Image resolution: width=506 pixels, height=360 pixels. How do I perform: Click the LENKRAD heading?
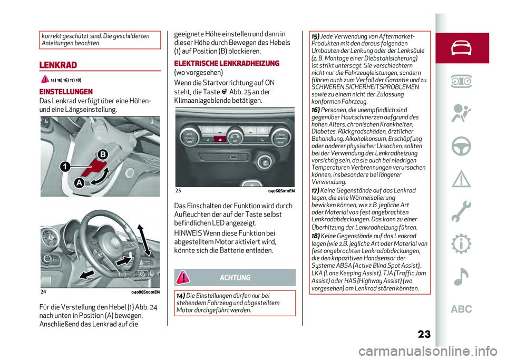click(x=58, y=65)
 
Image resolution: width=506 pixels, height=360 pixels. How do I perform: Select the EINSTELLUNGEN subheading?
click(x=66, y=91)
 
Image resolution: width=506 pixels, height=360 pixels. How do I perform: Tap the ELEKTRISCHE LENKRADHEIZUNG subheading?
click(x=227, y=63)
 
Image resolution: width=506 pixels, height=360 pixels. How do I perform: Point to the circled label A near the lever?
click(x=78, y=183)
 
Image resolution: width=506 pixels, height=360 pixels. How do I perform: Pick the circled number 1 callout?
click(x=64, y=167)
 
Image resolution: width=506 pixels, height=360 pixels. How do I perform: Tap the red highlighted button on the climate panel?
click(x=217, y=139)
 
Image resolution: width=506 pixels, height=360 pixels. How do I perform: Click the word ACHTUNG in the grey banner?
click(x=235, y=278)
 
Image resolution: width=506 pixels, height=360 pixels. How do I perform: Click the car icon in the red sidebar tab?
click(x=461, y=47)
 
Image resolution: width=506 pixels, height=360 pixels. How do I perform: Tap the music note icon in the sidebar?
click(x=461, y=276)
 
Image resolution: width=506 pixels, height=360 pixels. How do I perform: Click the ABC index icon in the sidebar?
click(x=461, y=309)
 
